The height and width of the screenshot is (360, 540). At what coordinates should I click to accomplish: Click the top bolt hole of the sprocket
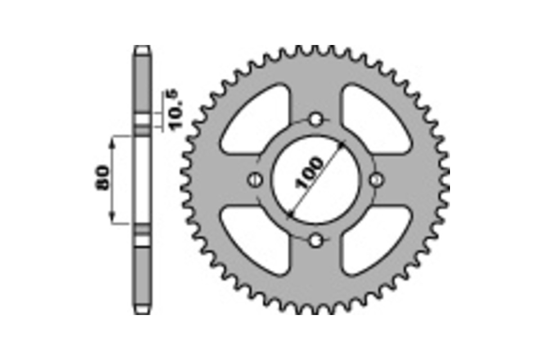tap(316, 119)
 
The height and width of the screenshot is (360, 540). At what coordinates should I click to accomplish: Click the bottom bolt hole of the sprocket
tap(316, 241)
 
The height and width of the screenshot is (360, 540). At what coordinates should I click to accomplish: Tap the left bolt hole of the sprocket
tap(255, 180)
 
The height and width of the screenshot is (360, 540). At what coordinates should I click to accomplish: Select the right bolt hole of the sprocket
tap(377, 180)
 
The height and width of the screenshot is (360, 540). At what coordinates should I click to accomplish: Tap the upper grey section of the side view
tap(142, 83)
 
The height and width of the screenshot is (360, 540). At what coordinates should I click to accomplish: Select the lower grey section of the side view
tap(142, 277)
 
